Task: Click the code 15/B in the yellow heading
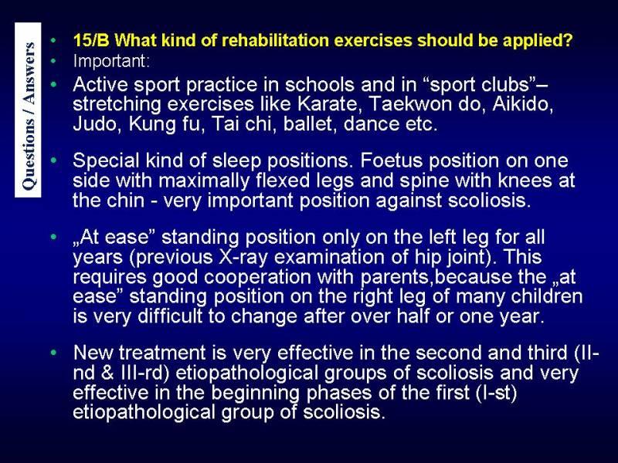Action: point(91,40)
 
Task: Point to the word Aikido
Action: point(523,104)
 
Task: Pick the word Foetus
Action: point(391,161)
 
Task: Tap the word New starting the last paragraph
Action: point(93,353)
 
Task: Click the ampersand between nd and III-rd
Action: point(107,373)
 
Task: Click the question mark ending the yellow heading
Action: point(568,40)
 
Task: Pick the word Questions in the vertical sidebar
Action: point(28,155)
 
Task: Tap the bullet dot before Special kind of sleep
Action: point(53,161)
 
